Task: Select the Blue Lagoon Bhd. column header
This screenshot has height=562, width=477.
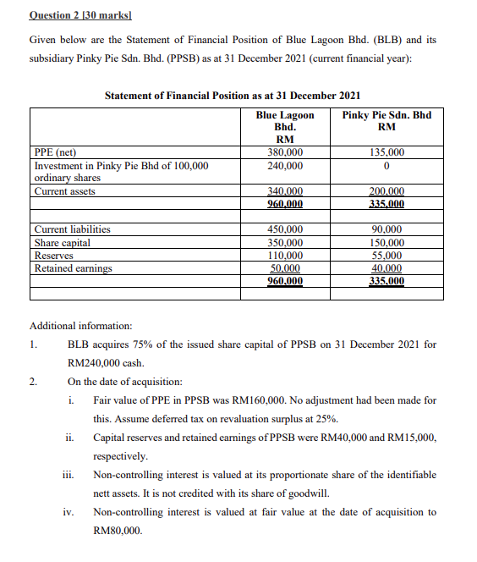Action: click(x=285, y=127)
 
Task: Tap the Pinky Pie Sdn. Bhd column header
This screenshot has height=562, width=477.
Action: click(x=387, y=121)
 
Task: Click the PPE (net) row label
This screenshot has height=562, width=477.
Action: click(x=55, y=152)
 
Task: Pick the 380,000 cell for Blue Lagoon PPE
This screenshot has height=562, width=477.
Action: click(x=285, y=152)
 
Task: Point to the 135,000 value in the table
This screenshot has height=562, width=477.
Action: click(x=387, y=152)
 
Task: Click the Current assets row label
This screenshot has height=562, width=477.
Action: click(x=65, y=191)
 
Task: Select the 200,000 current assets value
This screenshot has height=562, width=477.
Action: click(x=387, y=192)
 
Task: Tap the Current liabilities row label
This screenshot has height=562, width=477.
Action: click(x=72, y=229)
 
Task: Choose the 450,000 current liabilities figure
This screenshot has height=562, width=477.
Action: click(x=285, y=229)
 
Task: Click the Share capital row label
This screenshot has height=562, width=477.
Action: click(x=62, y=243)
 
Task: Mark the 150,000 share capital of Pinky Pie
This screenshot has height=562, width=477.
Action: click(x=387, y=243)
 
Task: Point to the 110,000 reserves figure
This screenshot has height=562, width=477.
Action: click(x=285, y=256)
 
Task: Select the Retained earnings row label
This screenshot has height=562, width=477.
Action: click(x=73, y=268)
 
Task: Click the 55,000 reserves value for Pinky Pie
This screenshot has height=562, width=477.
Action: click(x=387, y=256)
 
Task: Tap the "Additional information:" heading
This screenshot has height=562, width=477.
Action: click(x=80, y=325)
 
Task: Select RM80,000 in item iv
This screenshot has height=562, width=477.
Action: click(x=117, y=531)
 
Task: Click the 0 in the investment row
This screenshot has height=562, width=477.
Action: click(x=387, y=166)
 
